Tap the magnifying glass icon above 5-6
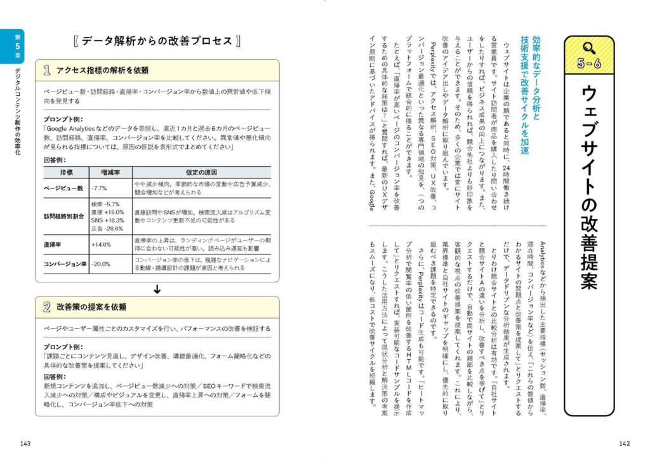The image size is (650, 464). pos(588,46)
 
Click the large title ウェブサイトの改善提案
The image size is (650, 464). pos(588,187)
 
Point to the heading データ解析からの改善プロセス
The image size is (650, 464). pos(156,41)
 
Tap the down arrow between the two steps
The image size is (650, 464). pos(157,289)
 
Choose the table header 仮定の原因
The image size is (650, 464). pos(202,172)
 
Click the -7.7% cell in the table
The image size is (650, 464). pos(98,189)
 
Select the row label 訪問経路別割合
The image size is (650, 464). pos(63,216)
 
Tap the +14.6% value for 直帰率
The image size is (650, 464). pos(101,244)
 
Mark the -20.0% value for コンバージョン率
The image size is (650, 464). pos(100,264)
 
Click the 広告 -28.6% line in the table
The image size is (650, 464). pos(107,228)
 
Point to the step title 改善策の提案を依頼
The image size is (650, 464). pos(91,307)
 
